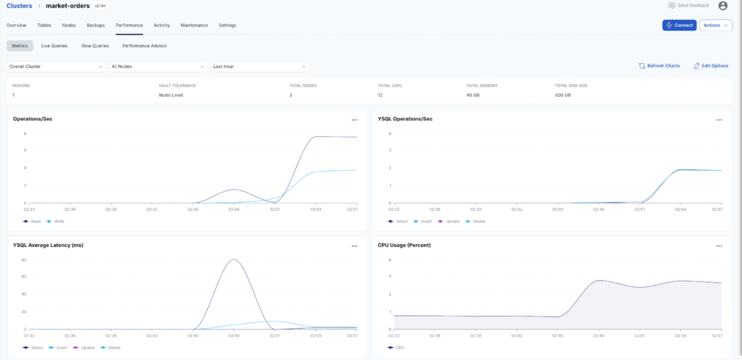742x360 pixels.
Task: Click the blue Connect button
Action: click(679, 25)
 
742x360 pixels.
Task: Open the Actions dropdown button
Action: click(715, 25)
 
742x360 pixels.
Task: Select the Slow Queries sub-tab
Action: click(95, 46)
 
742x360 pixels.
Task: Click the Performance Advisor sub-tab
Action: click(144, 46)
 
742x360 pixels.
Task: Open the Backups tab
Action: click(96, 25)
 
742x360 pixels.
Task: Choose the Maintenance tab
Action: click(194, 25)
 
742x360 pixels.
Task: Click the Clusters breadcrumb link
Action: click(20, 6)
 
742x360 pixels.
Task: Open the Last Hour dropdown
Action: click(259, 66)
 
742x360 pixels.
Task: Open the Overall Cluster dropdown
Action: click(56, 66)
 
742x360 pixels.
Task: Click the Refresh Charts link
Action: click(659, 66)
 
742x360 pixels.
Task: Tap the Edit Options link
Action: click(711, 66)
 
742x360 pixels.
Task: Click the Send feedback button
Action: click(688, 6)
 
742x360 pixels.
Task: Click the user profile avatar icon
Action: click(722, 6)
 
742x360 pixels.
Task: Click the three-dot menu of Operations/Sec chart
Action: click(354, 120)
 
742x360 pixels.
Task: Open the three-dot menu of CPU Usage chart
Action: click(719, 246)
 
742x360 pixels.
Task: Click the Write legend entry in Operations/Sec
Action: click(55, 221)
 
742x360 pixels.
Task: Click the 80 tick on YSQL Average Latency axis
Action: click(24, 259)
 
